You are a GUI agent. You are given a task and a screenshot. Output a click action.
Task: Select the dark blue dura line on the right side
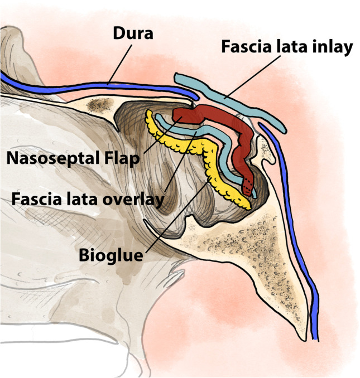tap(301, 234)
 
